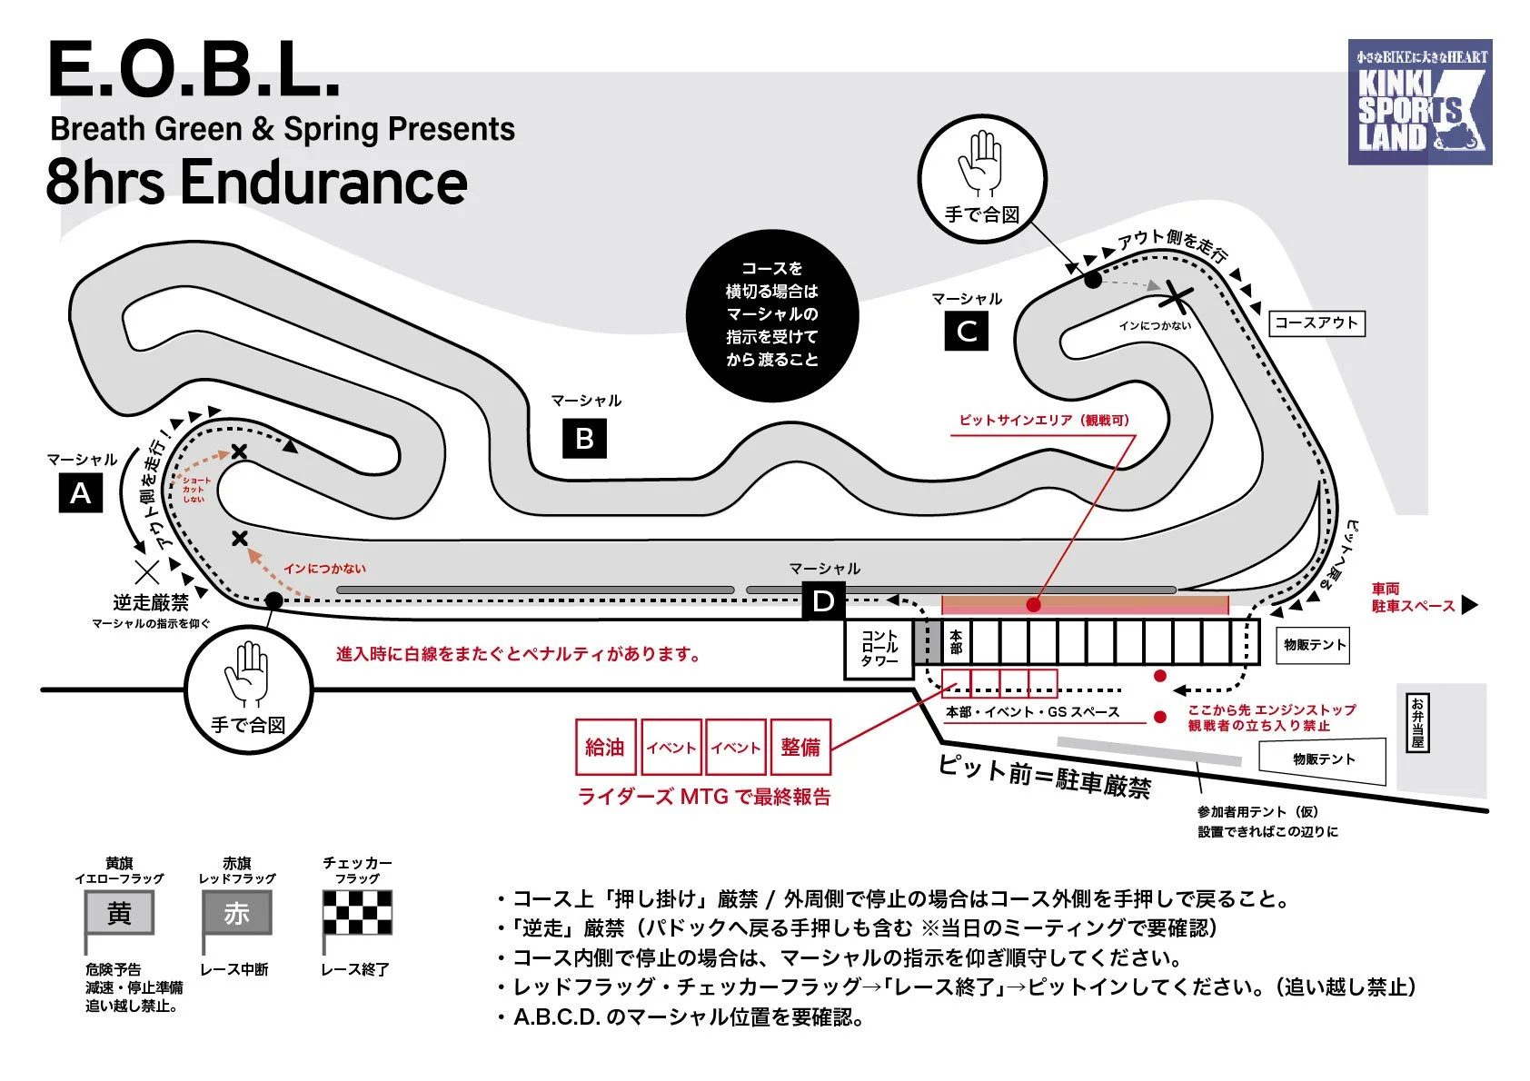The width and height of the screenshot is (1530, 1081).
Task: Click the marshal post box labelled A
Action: tap(81, 493)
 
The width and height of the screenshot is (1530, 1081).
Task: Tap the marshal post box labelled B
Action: tap(584, 438)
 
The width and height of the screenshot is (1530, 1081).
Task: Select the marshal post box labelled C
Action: tap(966, 332)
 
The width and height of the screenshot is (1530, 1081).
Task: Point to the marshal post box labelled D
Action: tap(823, 600)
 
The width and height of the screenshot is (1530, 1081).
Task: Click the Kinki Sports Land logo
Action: tap(1419, 102)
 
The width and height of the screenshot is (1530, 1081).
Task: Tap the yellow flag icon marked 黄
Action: tap(119, 912)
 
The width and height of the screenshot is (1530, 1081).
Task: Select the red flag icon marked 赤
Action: tap(236, 912)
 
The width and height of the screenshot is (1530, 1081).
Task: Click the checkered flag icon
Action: tap(358, 912)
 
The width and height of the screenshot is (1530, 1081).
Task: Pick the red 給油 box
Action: tap(605, 747)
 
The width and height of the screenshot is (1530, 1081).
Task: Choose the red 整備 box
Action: tap(800, 747)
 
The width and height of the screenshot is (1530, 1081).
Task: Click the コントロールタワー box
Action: tap(879, 649)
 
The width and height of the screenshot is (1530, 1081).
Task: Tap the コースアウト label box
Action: tap(1316, 322)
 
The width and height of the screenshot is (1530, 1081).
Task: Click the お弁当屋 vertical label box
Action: tap(1416, 722)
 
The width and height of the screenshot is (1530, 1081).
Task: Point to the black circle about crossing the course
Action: tap(772, 314)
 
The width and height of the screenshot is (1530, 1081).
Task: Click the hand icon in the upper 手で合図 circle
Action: tap(980, 164)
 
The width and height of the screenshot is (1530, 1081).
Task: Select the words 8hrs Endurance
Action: tap(256, 182)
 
